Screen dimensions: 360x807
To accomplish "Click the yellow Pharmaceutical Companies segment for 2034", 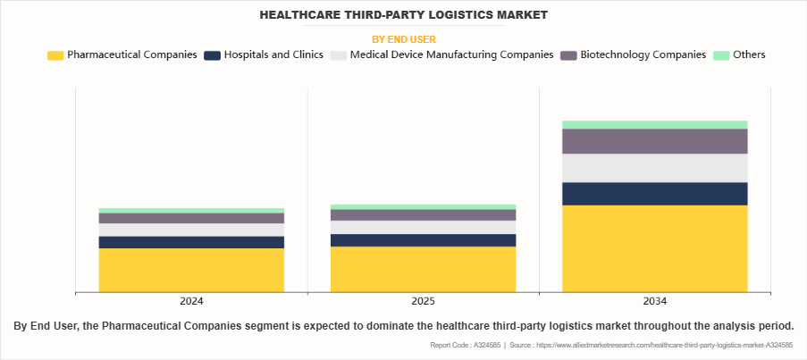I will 654,248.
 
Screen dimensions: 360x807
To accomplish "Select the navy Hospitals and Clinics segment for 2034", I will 654,194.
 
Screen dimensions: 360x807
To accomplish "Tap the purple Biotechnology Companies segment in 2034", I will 654,141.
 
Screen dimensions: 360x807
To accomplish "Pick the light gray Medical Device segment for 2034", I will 654,168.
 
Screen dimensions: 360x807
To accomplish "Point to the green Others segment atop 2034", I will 654,124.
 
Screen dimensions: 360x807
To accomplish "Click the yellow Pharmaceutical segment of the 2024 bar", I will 191,270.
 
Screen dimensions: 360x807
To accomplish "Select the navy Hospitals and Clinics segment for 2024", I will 191,242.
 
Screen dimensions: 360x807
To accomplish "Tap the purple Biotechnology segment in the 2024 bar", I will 191,218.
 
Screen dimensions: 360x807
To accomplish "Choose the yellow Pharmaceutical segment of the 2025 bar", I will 423,269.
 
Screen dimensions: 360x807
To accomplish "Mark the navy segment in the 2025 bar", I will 423,240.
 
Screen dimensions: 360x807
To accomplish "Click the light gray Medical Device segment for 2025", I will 423,227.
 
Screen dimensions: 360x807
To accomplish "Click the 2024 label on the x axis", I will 191,302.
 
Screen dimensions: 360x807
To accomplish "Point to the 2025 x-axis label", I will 423,302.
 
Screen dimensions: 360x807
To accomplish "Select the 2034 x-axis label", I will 654,302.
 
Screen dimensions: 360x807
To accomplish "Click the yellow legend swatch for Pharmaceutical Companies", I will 55,55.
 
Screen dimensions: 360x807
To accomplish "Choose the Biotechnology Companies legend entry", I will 643,55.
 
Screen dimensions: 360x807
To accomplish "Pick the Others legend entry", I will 748,55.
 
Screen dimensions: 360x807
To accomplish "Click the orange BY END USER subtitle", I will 403,39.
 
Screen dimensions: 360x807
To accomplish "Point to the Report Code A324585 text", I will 465,345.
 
